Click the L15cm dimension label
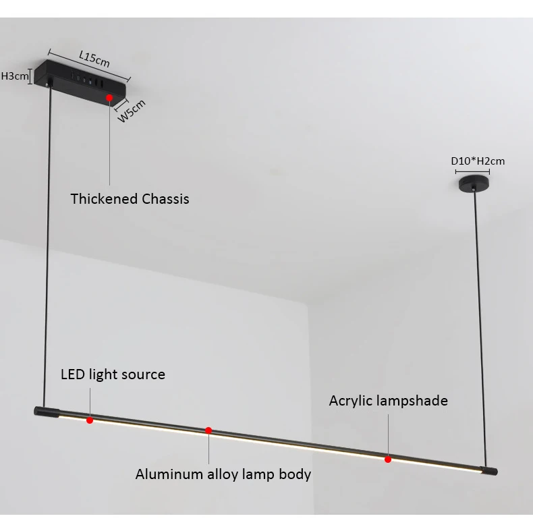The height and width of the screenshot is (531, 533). [x=94, y=59]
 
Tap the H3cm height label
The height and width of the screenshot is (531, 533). [x=15, y=76]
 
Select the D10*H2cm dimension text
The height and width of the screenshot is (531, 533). [x=478, y=161]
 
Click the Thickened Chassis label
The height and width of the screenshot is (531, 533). [x=130, y=198]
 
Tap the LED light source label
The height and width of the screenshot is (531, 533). [x=113, y=374]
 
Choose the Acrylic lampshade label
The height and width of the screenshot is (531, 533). [x=388, y=400]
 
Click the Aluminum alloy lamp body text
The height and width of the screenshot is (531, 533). [x=223, y=474]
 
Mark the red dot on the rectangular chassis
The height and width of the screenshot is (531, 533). [x=109, y=98]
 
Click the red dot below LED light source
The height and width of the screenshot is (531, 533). [x=90, y=420]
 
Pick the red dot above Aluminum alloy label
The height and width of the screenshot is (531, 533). [x=208, y=430]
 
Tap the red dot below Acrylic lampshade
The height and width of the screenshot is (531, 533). [x=388, y=459]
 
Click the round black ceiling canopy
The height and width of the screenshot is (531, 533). [x=474, y=183]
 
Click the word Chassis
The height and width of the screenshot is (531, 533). [x=165, y=198]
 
